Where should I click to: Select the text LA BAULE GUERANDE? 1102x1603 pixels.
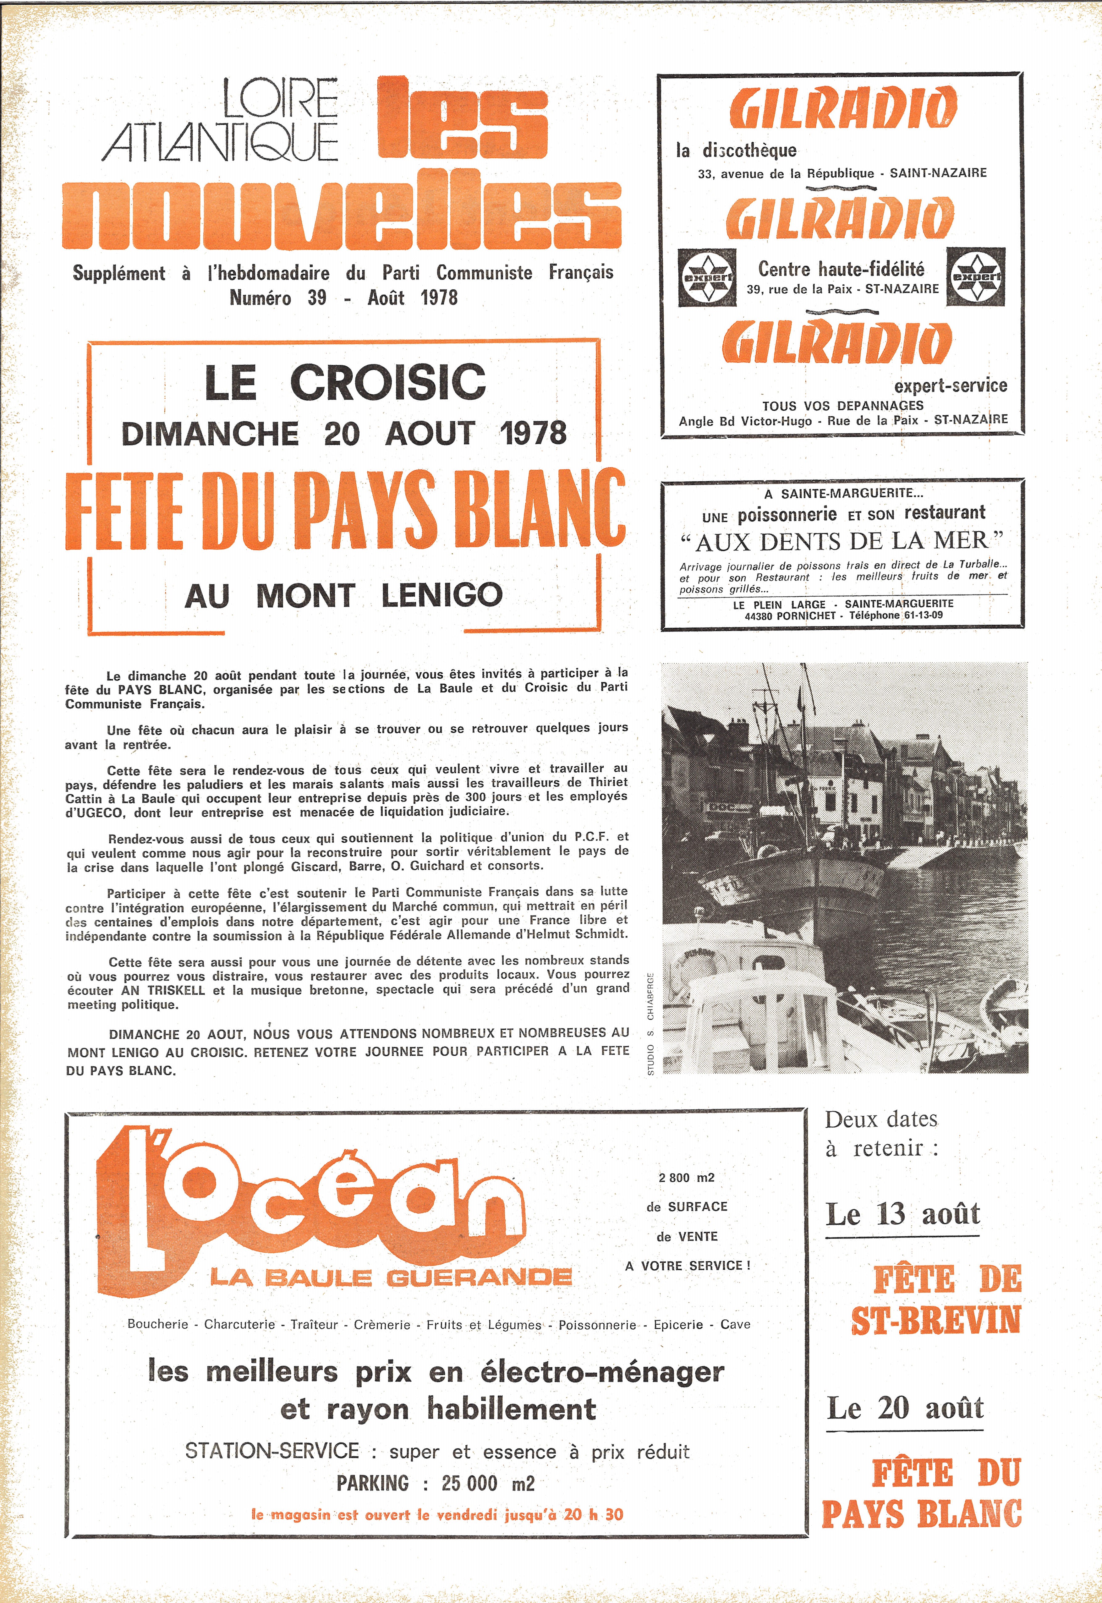click(x=391, y=1277)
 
